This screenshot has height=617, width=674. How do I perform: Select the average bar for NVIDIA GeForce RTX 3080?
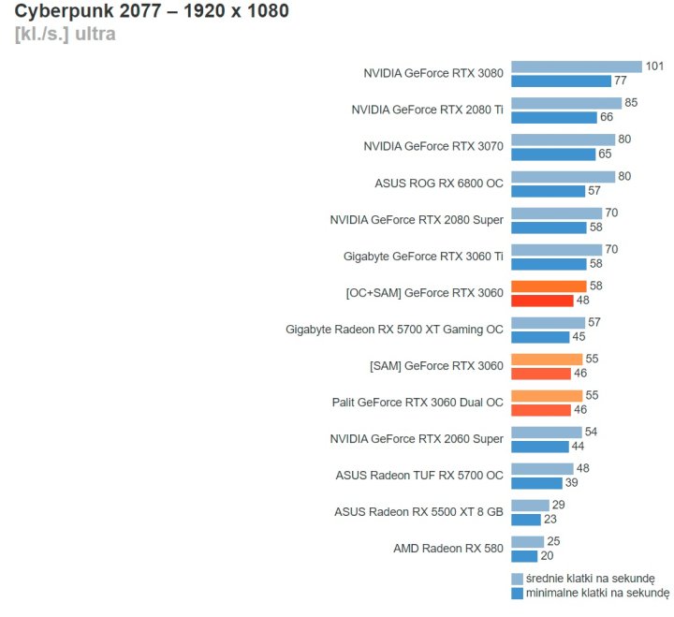pyautogui.click(x=576, y=66)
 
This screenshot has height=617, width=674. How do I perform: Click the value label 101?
pyautogui.click(x=654, y=66)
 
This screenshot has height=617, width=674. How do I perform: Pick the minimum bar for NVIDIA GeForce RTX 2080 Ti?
pyautogui.click(x=554, y=117)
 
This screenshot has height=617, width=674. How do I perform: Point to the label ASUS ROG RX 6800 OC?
pyautogui.click(x=439, y=184)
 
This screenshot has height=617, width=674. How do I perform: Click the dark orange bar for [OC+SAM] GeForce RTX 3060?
pyautogui.click(x=542, y=301)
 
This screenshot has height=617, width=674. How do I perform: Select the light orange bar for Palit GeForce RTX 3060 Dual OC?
pyautogui.click(x=547, y=396)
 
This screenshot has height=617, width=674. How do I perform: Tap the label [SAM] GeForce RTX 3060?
pyautogui.click(x=437, y=366)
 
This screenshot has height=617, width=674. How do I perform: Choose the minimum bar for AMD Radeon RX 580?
pyautogui.click(x=524, y=556)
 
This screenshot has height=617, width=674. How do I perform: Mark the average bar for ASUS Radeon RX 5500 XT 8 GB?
pyautogui.click(x=530, y=506)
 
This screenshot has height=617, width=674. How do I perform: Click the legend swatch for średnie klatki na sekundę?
pyautogui.click(x=517, y=579)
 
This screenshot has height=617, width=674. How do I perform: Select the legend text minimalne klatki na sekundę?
pyautogui.click(x=597, y=593)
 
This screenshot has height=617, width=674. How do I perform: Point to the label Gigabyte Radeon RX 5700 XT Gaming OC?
pyautogui.click(x=394, y=330)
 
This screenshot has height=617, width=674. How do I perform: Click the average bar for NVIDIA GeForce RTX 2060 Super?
pyautogui.click(x=546, y=433)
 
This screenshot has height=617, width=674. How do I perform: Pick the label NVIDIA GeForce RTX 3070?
pyautogui.click(x=433, y=147)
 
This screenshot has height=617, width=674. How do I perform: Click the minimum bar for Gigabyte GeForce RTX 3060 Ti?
pyautogui.click(x=549, y=264)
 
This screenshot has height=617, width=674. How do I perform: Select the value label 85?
pyautogui.click(x=631, y=103)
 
